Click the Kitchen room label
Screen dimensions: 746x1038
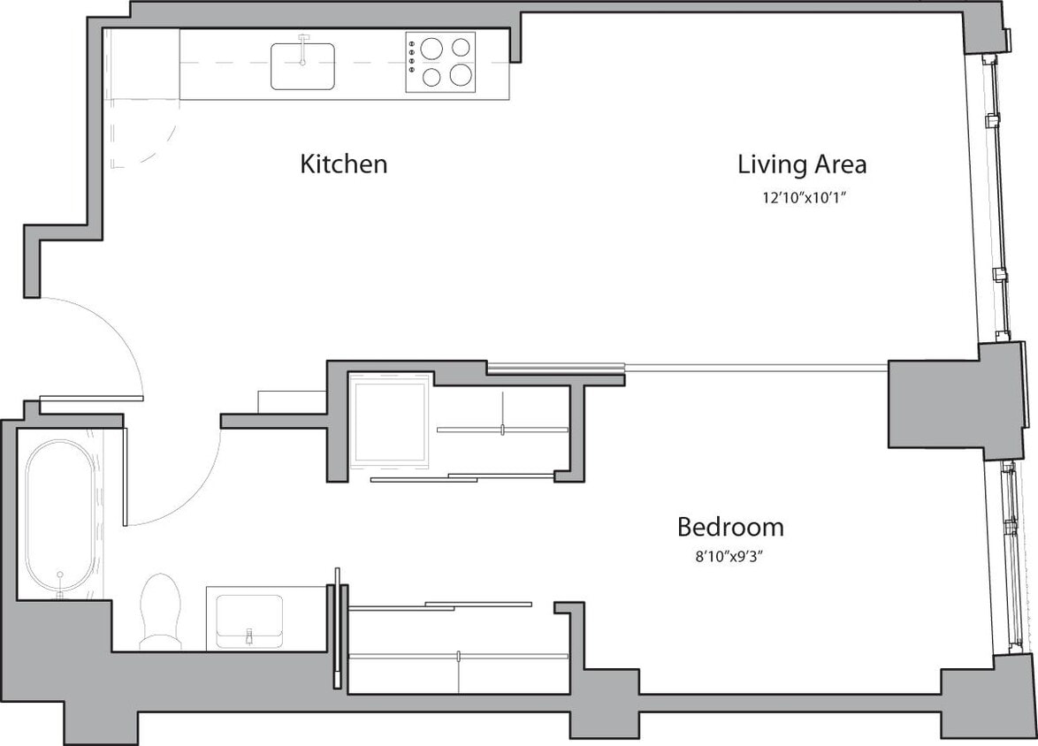(344, 164)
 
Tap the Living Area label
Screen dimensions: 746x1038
(801, 164)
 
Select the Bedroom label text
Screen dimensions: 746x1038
(729, 528)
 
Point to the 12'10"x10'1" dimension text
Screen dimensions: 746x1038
(799, 198)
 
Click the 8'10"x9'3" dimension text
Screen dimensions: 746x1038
(729, 558)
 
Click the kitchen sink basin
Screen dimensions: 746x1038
(302, 67)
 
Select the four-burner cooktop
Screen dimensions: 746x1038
(440, 62)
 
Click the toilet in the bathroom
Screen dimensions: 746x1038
(160, 610)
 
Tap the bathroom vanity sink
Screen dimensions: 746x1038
(249, 617)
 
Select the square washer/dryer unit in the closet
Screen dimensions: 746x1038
(390, 420)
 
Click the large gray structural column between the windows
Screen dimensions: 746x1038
(934, 402)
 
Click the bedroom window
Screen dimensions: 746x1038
(1010, 557)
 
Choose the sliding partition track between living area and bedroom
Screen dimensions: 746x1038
(690, 365)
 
